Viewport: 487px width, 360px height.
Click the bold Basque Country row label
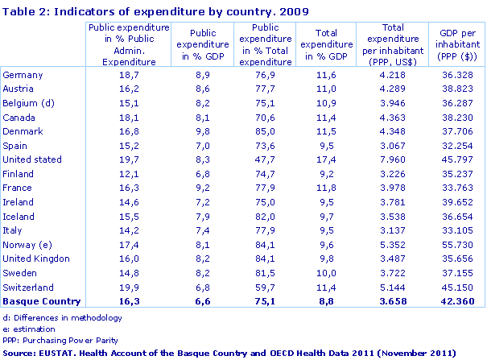(x=42, y=301)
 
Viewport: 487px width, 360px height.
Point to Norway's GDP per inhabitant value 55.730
(x=456, y=245)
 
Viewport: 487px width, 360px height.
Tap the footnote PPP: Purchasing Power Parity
(x=53, y=340)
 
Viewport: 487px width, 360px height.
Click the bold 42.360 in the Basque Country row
(x=455, y=301)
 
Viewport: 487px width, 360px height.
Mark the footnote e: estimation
(x=30, y=329)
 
